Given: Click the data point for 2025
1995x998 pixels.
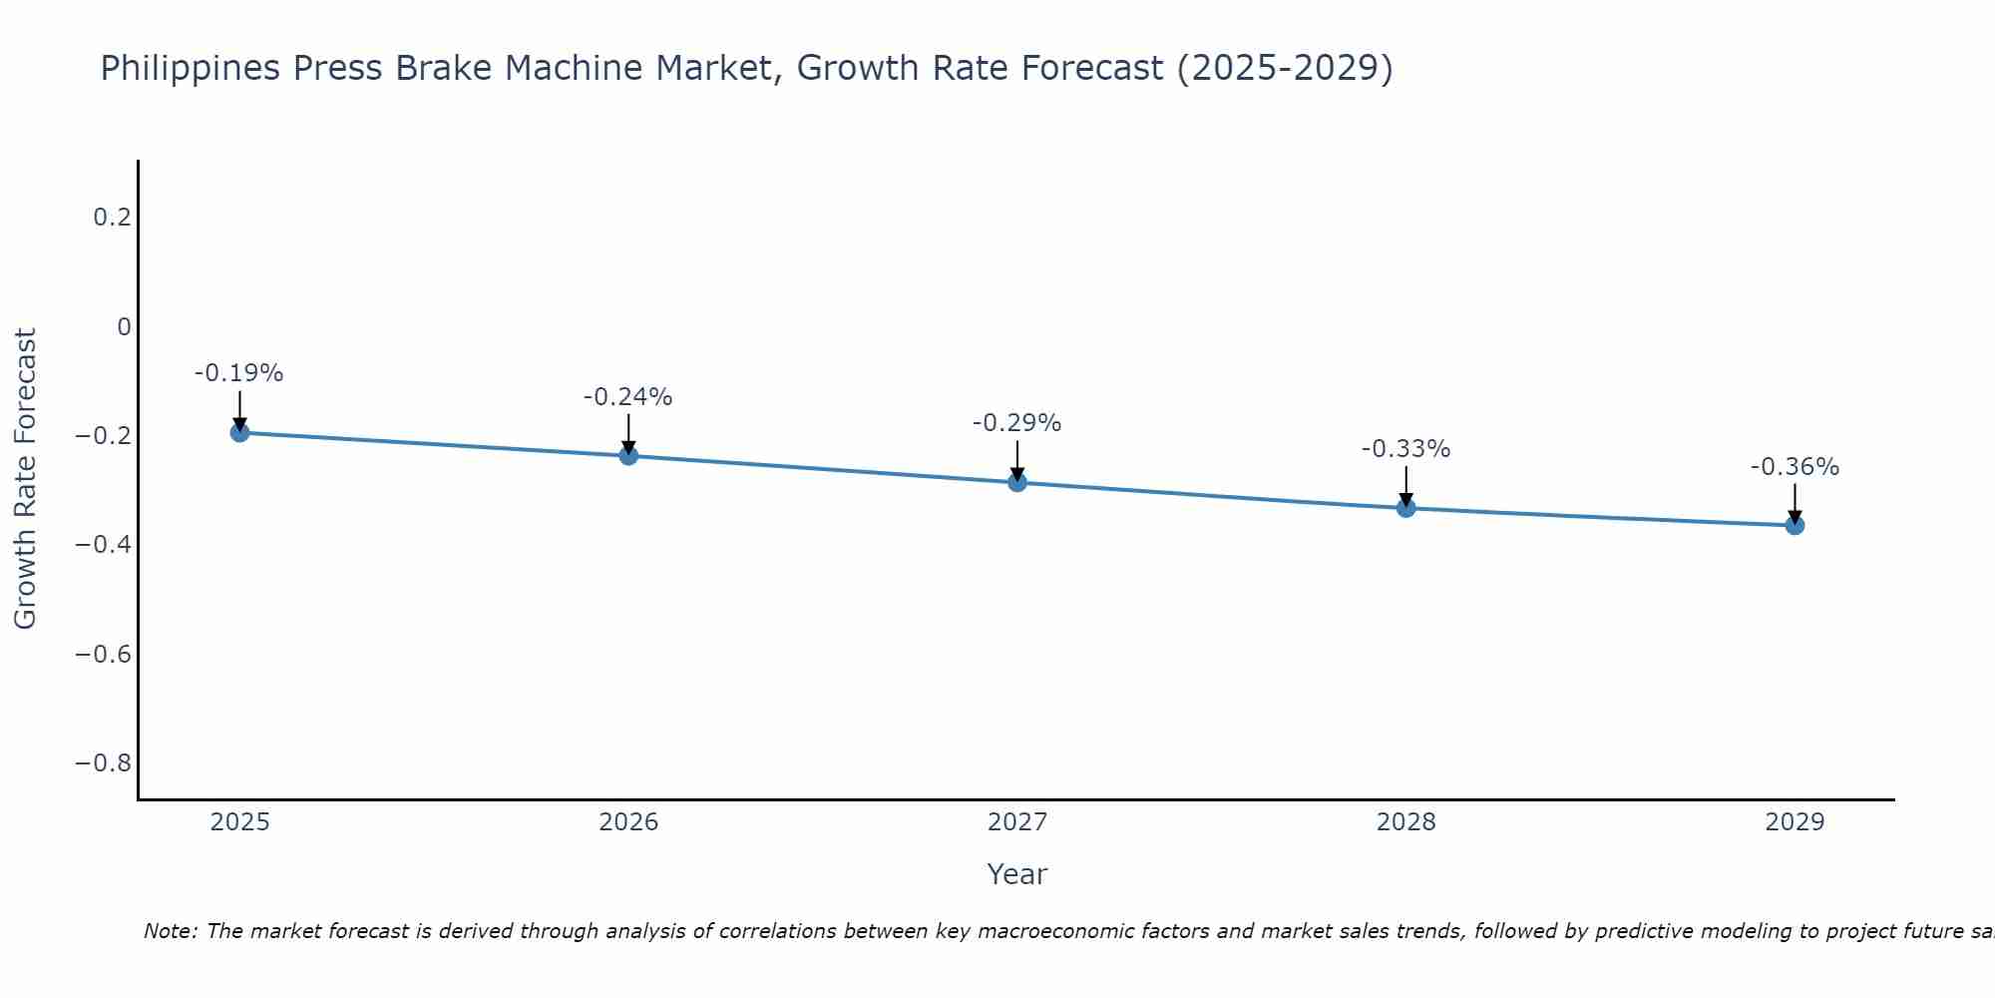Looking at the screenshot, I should tap(239, 432).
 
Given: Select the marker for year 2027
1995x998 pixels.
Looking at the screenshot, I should tap(1017, 482).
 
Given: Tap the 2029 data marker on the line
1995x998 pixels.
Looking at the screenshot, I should tap(1795, 525).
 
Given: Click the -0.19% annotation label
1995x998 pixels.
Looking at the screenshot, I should tap(238, 373).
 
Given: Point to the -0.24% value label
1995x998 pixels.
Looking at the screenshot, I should tap(627, 397).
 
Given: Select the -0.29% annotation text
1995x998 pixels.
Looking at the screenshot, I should tap(1016, 423).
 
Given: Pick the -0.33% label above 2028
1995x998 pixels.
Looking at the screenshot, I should tap(1405, 449).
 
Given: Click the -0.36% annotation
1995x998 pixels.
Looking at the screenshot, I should tap(1795, 467).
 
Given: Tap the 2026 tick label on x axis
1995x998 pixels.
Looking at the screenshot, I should tap(628, 822).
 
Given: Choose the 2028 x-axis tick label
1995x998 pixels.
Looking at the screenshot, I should tap(1405, 822).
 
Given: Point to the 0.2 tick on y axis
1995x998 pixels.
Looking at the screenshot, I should tap(112, 218).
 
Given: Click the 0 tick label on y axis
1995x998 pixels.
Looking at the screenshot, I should tap(124, 326).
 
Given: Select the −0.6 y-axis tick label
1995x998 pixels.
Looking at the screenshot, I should tap(104, 654).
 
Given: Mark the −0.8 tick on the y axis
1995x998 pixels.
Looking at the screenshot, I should tap(104, 763).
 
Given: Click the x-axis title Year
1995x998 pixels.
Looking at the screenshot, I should tap(1016, 874).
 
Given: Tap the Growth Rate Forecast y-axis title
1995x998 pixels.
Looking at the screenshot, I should tap(26, 479).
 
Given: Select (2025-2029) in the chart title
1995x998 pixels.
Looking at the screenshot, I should tap(1285, 69).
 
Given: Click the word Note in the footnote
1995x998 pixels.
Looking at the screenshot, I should tap(170, 931).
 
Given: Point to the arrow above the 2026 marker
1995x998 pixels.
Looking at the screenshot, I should tap(628, 434).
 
